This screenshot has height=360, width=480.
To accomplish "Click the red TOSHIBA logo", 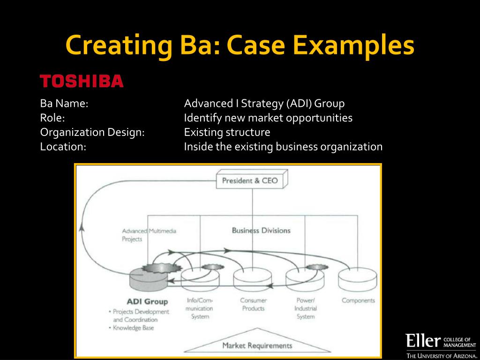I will coord(82,82).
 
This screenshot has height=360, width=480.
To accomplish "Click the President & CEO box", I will coord(250,180).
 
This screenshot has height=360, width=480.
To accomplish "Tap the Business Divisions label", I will coord(261,230).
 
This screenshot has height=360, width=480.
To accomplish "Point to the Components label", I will coord(358,300).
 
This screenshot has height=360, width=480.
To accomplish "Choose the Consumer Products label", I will coord(253,304).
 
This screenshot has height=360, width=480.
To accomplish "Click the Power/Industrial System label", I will coord(305,308).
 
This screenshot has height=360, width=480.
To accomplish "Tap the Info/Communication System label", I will coord(199,308).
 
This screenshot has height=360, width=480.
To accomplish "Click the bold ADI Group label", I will coord(147,301).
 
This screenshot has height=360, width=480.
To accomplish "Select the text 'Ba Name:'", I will coord(64,104).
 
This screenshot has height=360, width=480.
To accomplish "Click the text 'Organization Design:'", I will coord(92,132).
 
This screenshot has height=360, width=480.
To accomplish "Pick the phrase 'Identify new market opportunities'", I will coord(268,118).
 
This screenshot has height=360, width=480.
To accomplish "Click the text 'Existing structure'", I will coord(227,132).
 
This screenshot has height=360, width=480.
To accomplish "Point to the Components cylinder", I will coord(358,278).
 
